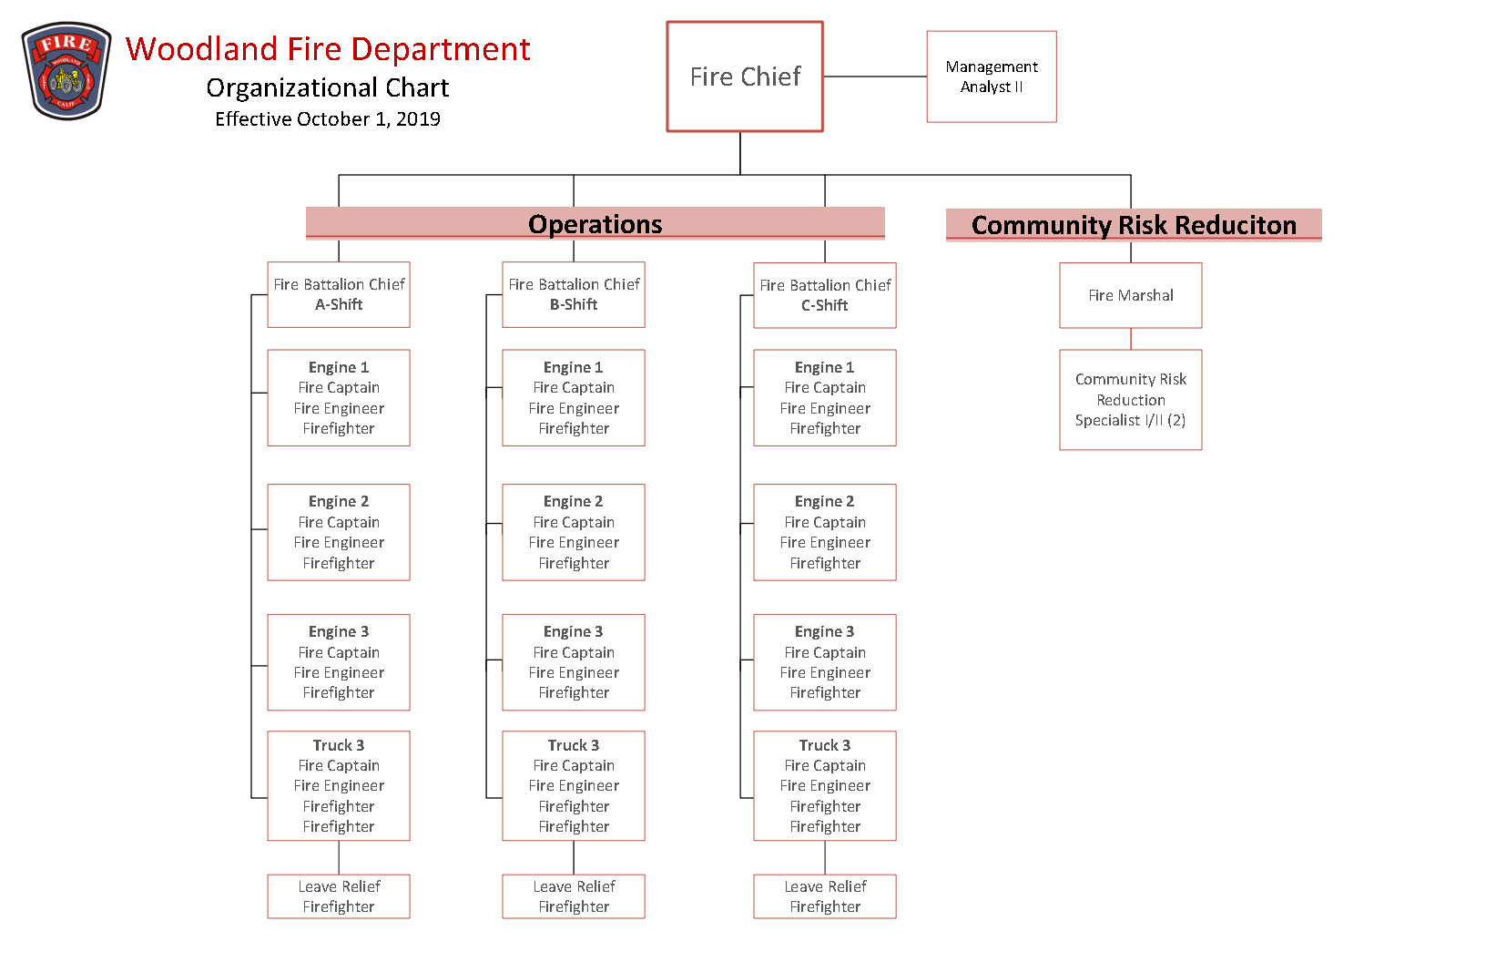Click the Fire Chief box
pos(745,77)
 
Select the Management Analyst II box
pos(992,77)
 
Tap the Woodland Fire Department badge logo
pos(66,71)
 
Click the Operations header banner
pos(595,224)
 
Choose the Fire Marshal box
pos(1130,295)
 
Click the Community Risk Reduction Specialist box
pos(1130,400)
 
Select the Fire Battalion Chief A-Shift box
pos(339,294)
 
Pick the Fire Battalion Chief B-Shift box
pos(574,294)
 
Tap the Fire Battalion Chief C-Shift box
pos(825,295)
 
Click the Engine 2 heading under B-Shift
pos(574,501)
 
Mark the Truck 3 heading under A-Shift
pos(339,745)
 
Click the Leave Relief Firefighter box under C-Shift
pos(825,896)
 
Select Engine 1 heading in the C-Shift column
pos(825,367)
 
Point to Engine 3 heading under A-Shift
pos(339,631)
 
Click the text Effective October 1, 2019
pos(328,119)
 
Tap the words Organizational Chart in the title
pos(328,87)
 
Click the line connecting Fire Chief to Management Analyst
pos(875,77)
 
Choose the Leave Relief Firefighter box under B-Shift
pos(574,896)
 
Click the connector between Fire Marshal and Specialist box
pos(1131,339)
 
